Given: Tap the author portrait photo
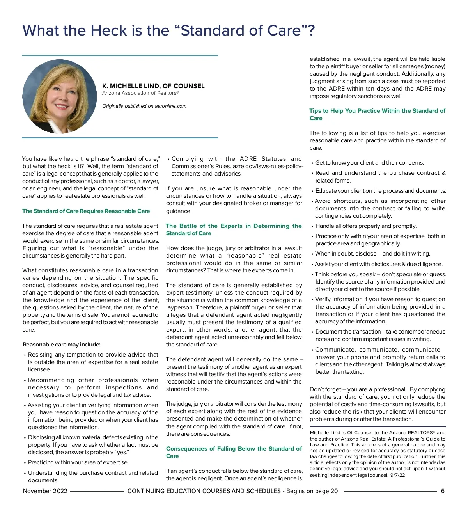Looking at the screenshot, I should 59,96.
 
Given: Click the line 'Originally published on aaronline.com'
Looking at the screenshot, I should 144,106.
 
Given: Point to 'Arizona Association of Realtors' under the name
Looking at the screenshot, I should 140,93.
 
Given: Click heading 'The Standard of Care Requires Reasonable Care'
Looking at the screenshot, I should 86,211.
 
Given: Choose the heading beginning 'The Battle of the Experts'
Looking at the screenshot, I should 234,229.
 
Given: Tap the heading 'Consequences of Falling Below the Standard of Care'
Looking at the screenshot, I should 234,452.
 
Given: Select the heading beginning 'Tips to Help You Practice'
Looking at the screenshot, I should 377,114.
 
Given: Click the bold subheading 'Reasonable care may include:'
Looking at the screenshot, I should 62,345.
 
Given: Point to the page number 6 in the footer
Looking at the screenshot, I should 443,491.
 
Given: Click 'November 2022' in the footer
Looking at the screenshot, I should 45,491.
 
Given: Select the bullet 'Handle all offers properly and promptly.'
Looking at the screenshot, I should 366,226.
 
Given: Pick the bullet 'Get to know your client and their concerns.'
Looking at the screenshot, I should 369,163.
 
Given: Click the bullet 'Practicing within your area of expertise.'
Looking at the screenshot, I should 78,462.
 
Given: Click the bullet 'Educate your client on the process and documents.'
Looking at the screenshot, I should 381,191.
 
